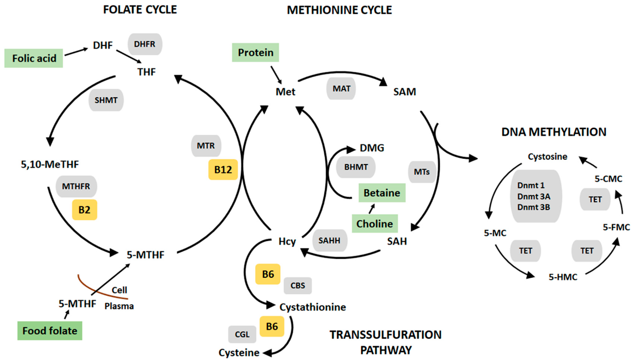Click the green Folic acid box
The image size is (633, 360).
coord(34,58)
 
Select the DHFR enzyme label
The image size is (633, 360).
coord(145,44)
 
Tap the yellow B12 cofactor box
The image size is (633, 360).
coord(223,170)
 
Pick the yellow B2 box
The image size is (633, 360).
coord(84,210)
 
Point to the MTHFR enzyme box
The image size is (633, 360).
coord(76,186)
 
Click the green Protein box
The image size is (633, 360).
coord(256,53)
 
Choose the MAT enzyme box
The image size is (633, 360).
coord(341,89)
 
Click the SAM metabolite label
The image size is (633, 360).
coord(404,92)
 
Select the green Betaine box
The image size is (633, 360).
coord(382,193)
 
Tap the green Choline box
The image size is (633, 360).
coord(375,224)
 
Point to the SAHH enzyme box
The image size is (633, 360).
coord(329,241)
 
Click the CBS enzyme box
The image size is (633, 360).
coord(298,286)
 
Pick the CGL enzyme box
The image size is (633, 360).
coord(242,335)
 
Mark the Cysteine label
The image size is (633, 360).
coord(239,352)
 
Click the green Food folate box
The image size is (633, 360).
coord(50,331)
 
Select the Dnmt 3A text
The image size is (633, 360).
coord(534,196)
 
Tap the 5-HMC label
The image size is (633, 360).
coord(563,277)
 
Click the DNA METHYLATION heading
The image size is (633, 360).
coord(553,132)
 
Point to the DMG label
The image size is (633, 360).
coord(372,148)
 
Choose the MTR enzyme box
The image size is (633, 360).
coord(206,146)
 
